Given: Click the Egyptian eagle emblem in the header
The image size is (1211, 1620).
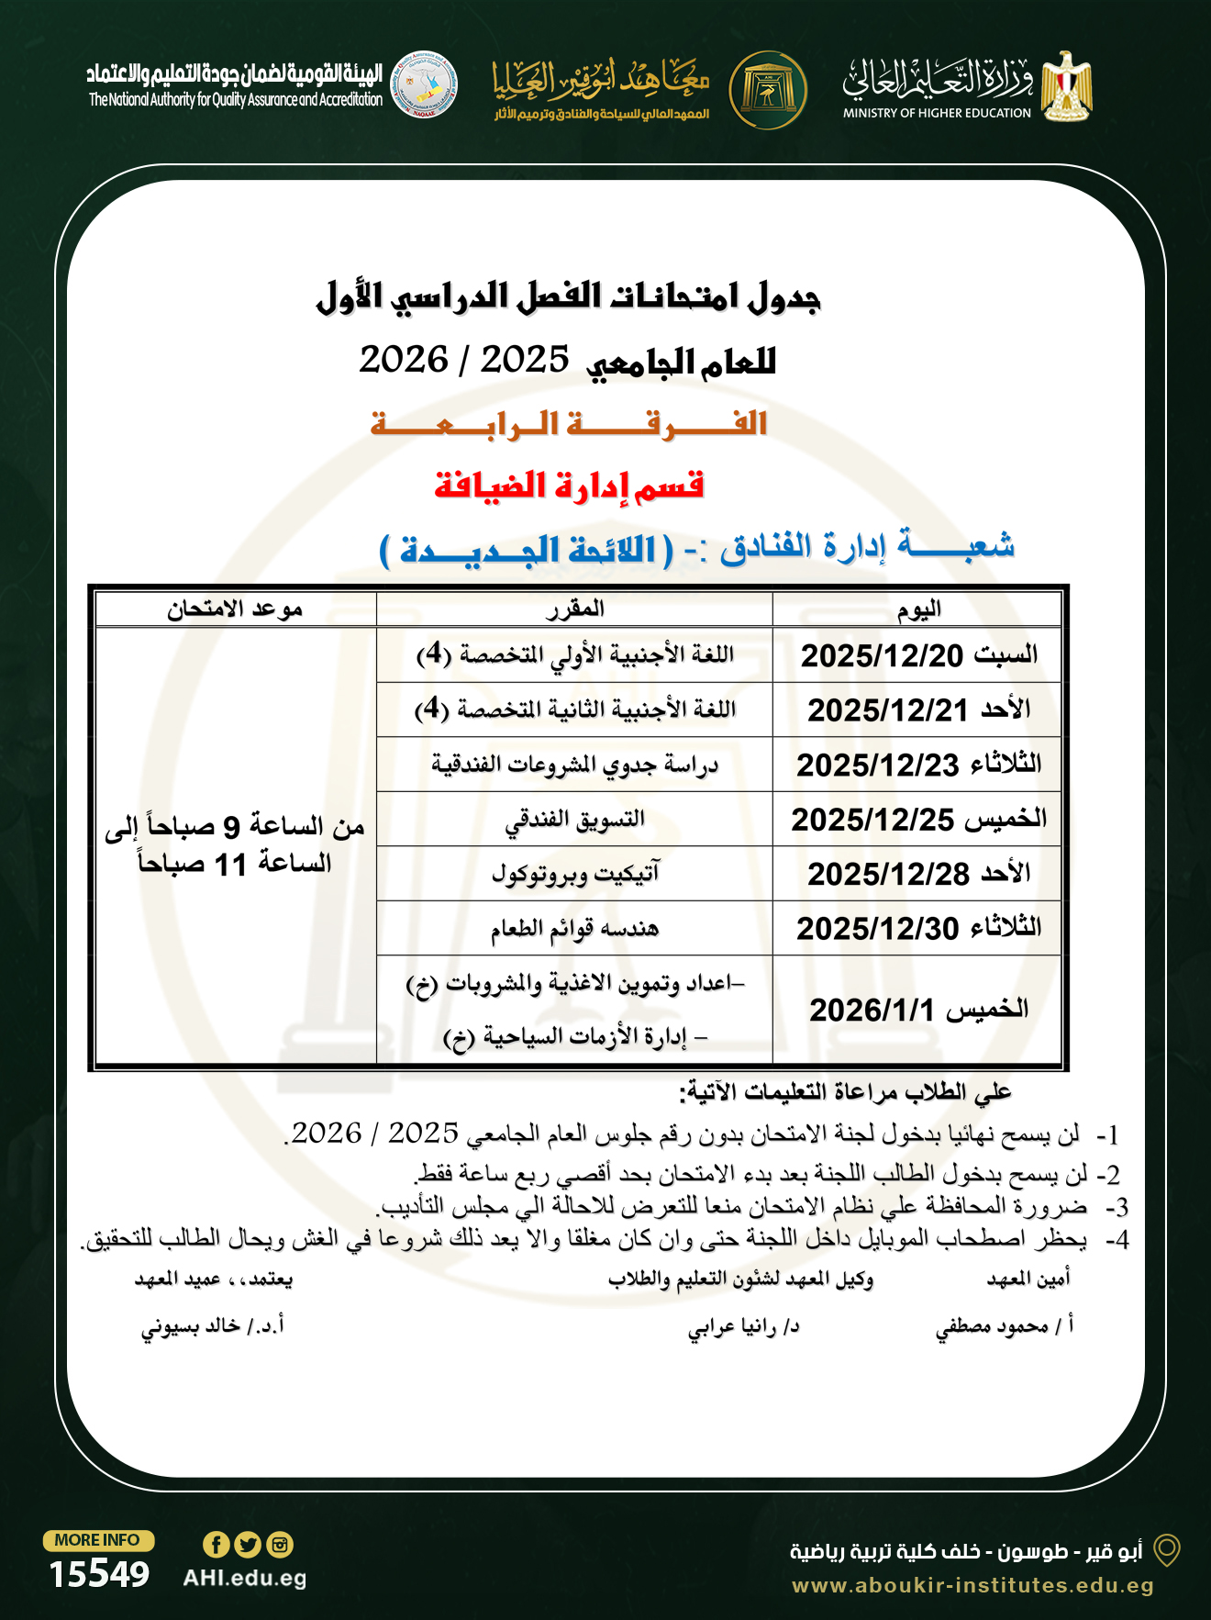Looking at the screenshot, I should pyautogui.click(x=1066, y=86).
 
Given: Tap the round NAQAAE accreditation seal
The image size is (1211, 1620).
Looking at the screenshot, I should pyautogui.click(x=424, y=84).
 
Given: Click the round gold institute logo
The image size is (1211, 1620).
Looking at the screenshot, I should pyautogui.click(x=768, y=90).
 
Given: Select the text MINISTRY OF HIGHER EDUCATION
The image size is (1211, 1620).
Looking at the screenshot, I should pyautogui.click(x=937, y=113).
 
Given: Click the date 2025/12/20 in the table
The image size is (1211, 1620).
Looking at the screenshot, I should pyautogui.click(x=882, y=655).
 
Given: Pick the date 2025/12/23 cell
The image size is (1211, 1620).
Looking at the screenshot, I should pyautogui.click(x=877, y=765).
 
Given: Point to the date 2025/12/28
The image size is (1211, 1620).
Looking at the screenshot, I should pyautogui.click(x=887, y=874).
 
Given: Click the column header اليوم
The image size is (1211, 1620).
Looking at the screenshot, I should pyautogui.click(x=918, y=609).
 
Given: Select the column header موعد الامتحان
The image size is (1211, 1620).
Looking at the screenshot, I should pyautogui.click(x=235, y=609).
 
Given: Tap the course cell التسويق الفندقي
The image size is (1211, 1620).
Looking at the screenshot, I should pyautogui.click(x=574, y=819).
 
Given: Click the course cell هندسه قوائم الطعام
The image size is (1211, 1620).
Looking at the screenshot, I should pyautogui.click(x=574, y=929).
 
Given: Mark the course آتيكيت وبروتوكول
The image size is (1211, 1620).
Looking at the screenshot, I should pyautogui.click(x=574, y=874).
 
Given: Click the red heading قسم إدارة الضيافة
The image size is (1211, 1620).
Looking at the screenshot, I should pyautogui.click(x=569, y=486).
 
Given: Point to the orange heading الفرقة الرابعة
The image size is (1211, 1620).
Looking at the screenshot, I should pyautogui.click(x=569, y=424).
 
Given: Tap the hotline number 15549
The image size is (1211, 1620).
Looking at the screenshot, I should pyautogui.click(x=99, y=1574).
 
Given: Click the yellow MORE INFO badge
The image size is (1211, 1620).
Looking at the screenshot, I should pyautogui.click(x=97, y=1540).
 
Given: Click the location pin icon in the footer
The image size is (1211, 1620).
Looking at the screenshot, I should pyautogui.click(x=1166, y=1550).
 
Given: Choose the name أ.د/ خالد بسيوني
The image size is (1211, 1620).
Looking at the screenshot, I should pyautogui.click(x=212, y=1326).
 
